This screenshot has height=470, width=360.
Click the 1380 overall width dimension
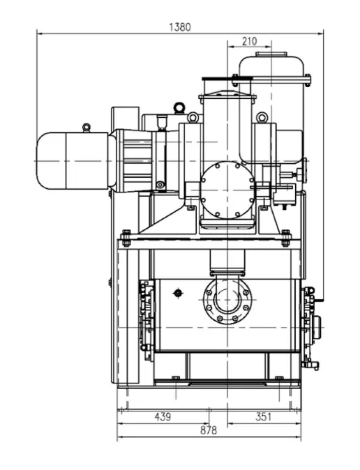(x=180, y=27)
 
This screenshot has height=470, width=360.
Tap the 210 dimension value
(x=250, y=41)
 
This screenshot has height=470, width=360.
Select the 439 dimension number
(x=163, y=416)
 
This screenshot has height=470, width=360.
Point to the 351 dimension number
(x=263, y=416)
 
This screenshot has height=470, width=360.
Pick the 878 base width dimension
(x=208, y=430)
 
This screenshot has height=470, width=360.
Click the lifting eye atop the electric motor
(x=87, y=128)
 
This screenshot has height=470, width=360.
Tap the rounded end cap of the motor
(x=51, y=160)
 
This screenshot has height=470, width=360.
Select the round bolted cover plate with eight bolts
(x=227, y=190)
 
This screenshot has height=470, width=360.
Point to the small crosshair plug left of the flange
(x=178, y=293)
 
